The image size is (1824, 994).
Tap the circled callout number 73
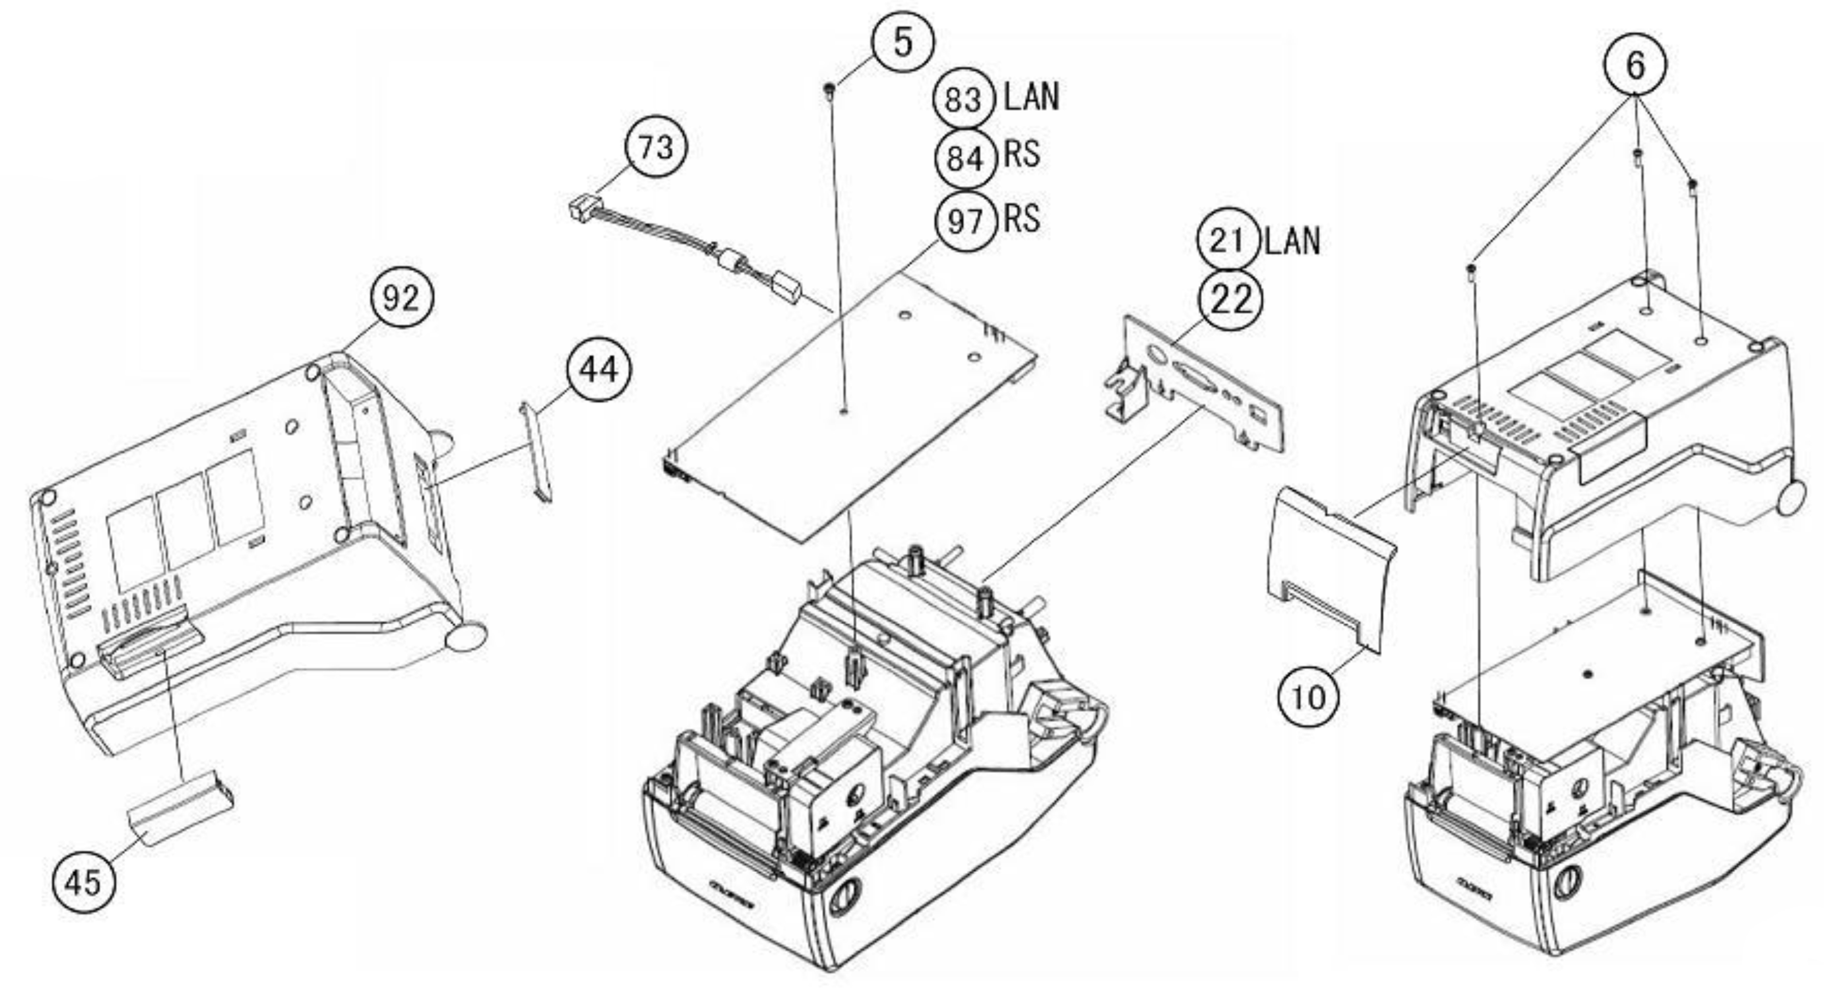pos(655,148)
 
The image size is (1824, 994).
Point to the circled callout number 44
pos(598,370)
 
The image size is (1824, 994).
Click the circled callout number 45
pos(83,882)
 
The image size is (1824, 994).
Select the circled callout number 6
pos(1634,65)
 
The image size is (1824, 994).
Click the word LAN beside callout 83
pos(1032,97)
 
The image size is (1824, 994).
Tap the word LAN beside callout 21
pos(1292,241)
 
